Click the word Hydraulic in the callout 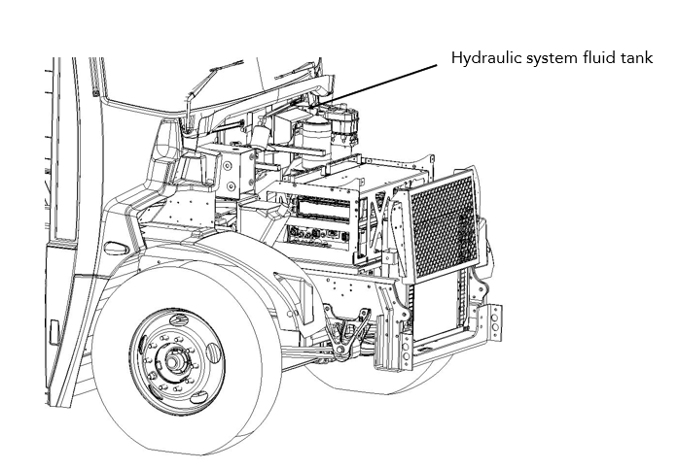coord(482,58)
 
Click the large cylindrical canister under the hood coord(316,137)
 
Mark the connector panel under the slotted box coord(316,234)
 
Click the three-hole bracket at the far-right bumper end coord(495,325)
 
